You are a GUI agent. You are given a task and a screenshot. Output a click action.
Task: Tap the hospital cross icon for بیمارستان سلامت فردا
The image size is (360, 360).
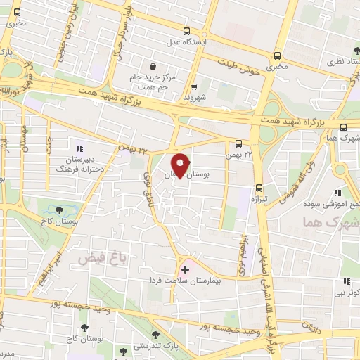click(x=186, y=269)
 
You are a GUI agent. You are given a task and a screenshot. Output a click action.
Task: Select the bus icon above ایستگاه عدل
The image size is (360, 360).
click(x=187, y=31)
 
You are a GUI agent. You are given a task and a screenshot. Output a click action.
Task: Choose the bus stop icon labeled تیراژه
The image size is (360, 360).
click(x=259, y=188)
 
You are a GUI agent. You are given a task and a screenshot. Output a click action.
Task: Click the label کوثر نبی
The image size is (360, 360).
click(x=345, y=291)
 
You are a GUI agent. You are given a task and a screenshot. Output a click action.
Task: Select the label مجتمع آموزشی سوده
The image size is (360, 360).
click(x=330, y=205)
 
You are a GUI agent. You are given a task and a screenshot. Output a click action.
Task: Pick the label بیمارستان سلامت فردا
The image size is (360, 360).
click(x=186, y=281)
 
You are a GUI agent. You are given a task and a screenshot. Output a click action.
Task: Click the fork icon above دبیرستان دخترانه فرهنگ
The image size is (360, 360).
click(x=79, y=148)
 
